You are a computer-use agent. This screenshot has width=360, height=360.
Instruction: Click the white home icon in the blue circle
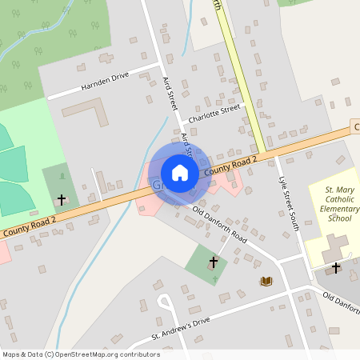click(x=180, y=172)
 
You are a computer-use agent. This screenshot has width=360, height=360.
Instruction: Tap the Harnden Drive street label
click(x=104, y=85)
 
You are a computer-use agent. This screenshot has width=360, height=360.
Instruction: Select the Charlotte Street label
click(x=214, y=114)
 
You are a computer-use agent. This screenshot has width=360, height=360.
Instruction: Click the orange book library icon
click(x=266, y=281)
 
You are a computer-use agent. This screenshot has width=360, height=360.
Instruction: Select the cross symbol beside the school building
click(x=336, y=267)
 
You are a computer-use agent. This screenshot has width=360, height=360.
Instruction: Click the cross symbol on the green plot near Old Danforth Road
click(x=214, y=262)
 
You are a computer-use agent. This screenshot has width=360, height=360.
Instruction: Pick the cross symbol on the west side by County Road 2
click(x=61, y=198)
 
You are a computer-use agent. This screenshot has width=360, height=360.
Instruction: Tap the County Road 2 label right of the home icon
click(x=230, y=166)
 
